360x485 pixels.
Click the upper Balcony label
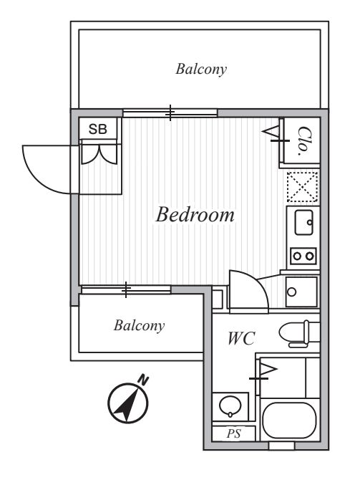click(x=201, y=69)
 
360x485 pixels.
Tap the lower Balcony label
click(x=139, y=325)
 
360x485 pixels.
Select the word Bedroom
click(x=195, y=215)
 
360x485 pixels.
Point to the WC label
click(x=242, y=339)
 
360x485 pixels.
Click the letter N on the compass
click(x=143, y=380)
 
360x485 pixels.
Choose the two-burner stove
click(x=303, y=255)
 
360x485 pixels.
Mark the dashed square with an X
click(x=302, y=187)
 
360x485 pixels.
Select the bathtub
click(x=289, y=421)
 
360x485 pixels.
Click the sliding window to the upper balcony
click(x=170, y=112)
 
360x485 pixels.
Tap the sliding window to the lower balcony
click(x=126, y=289)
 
